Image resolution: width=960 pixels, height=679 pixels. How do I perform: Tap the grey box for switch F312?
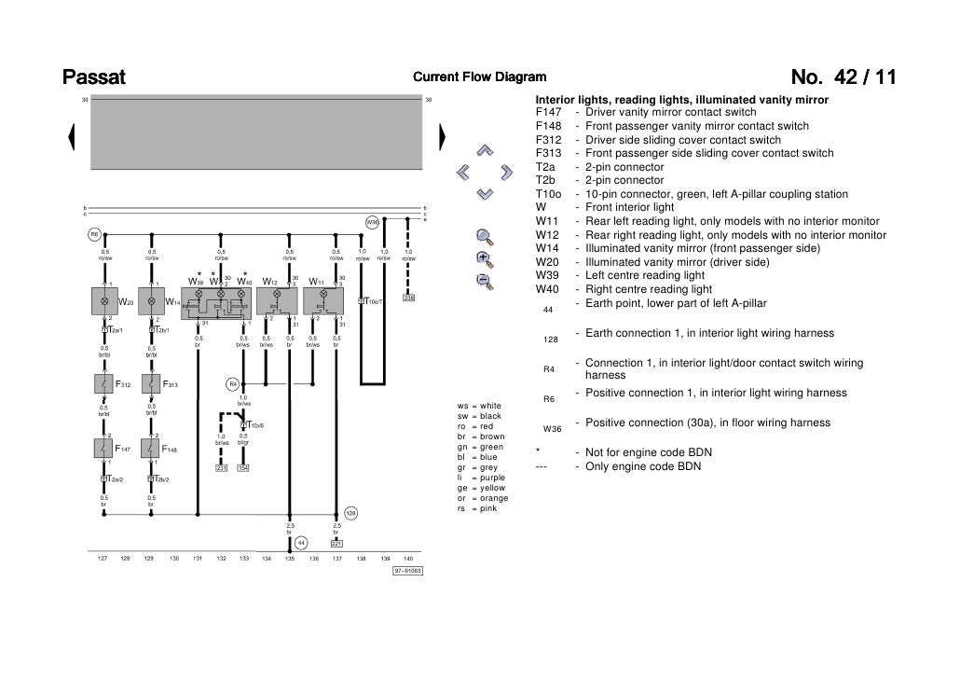coord(104,383)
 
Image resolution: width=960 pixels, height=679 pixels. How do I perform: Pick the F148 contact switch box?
coord(151,449)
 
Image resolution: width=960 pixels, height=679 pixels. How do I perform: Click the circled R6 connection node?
coord(94,234)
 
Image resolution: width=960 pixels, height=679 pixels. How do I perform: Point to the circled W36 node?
coord(372,223)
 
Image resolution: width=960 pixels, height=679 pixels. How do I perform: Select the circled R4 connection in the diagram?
coord(234,383)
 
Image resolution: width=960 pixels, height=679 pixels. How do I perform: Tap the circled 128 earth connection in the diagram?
coord(351,513)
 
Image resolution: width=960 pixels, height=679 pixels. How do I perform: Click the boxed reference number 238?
coord(408,298)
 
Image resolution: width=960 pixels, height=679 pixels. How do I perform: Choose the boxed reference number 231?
coord(222,468)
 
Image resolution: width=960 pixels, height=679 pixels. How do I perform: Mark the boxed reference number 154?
coord(243,468)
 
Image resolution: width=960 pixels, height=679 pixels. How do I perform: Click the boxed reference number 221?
coord(336,544)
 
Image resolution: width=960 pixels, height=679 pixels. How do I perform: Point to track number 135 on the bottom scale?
coord(290,559)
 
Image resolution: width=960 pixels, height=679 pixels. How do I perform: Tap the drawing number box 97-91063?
coord(407,571)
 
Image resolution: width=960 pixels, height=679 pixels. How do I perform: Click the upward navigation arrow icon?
coord(483,150)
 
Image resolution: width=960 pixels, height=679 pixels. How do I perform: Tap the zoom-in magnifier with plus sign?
coord(484,257)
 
